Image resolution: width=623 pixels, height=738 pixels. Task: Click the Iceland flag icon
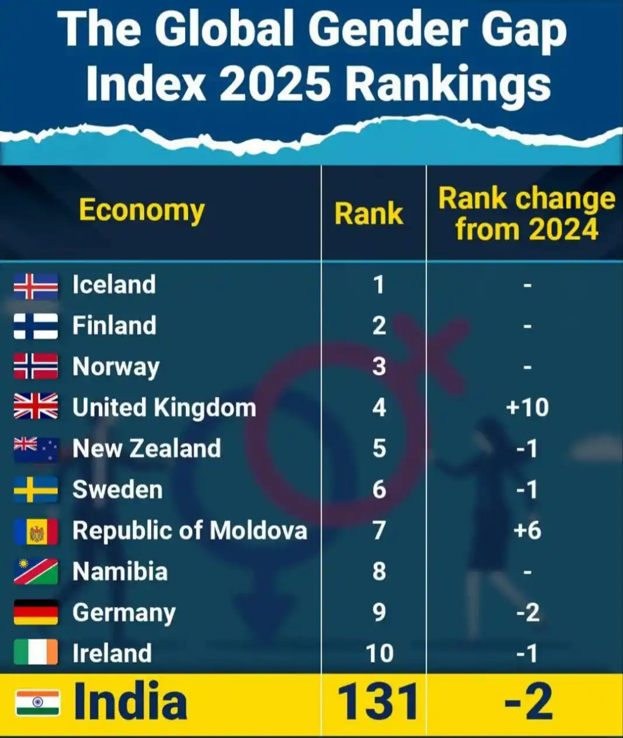pyautogui.click(x=36, y=286)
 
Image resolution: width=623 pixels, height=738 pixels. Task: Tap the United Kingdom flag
pyautogui.click(x=36, y=407)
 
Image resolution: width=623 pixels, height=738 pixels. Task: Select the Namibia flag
pyautogui.click(x=36, y=571)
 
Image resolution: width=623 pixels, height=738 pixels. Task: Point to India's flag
pyautogui.click(x=37, y=702)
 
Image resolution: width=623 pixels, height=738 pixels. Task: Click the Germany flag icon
pyautogui.click(x=36, y=612)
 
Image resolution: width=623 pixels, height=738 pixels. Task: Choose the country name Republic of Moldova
pyautogui.click(x=189, y=531)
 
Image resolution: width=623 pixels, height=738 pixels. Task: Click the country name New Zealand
pyautogui.click(x=147, y=448)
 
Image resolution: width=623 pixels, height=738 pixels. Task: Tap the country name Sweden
pyautogui.click(x=117, y=490)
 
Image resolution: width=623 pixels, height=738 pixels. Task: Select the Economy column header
pyautogui.click(x=142, y=210)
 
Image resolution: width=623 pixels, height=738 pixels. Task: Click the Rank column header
pyautogui.click(x=368, y=214)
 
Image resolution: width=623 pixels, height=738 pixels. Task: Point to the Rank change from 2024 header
pyautogui.click(x=527, y=214)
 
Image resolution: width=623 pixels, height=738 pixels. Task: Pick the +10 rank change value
pyautogui.click(x=527, y=407)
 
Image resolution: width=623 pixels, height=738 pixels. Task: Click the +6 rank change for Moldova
pyautogui.click(x=527, y=531)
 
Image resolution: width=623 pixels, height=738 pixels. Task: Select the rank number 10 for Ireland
pyautogui.click(x=379, y=653)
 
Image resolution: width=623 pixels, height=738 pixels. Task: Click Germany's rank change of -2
pyautogui.click(x=527, y=612)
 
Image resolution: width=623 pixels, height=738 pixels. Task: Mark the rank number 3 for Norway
pyautogui.click(x=379, y=366)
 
